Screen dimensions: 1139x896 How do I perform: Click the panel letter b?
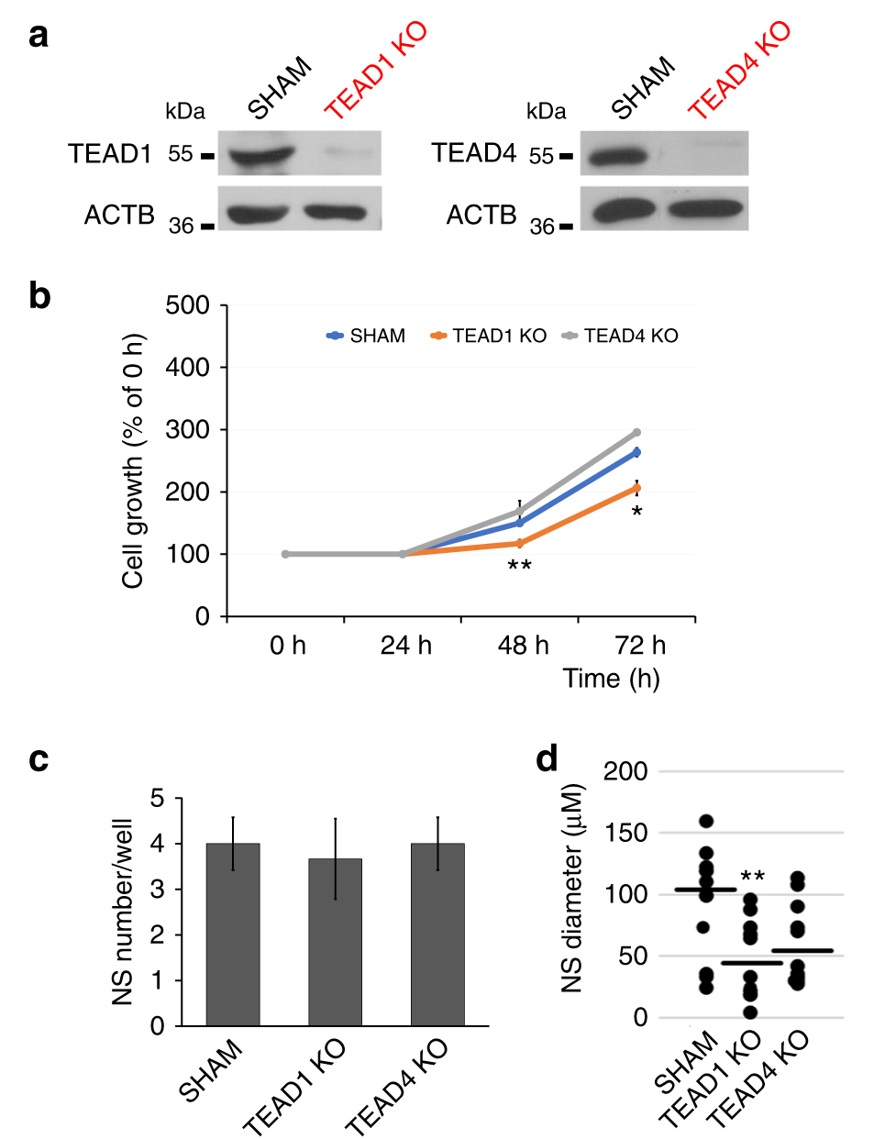pyautogui.click(x=39, y=296)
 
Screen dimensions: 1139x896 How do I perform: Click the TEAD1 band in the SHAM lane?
pyautogui.click(x=261, y=156)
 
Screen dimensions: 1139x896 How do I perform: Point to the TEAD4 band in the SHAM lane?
pyautogui.click(x=617, y=157)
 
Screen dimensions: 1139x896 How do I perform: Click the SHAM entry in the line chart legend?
pyautogui.click(x=366, y=337)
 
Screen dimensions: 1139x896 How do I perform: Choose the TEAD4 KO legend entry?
pyautogui.click(x=621, y=337)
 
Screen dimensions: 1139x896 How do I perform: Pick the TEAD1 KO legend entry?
pyautogui.click(x=489, y=337)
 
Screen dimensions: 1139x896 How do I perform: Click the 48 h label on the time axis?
pyautogui.click(x=523, y=646)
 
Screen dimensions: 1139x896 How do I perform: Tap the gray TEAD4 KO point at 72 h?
pyautogui.click(x=636, y=432)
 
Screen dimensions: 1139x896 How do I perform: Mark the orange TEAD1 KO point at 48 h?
pyautogui.click(x=520, y=544)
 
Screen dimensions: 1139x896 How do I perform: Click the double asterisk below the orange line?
pyautogui.click(x=520, y=565)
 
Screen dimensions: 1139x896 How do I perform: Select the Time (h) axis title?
pyautogui.click(x=611, y=679)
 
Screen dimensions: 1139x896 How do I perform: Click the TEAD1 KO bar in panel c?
pyautogui.click(x=335, y=942)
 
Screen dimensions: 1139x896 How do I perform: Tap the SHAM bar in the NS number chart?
pyautogui.click(x=233, y=934)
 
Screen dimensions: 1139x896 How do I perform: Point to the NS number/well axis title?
pyautogui.click(x=123, y=912)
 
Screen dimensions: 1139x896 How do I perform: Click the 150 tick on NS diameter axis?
pyautogui.click(x=626, y=834)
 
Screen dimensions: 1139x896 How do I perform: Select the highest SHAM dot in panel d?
pyautogui.click(x=706, y=821)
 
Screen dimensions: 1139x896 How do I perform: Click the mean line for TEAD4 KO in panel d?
pyautogui.click(x=802, y=951)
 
